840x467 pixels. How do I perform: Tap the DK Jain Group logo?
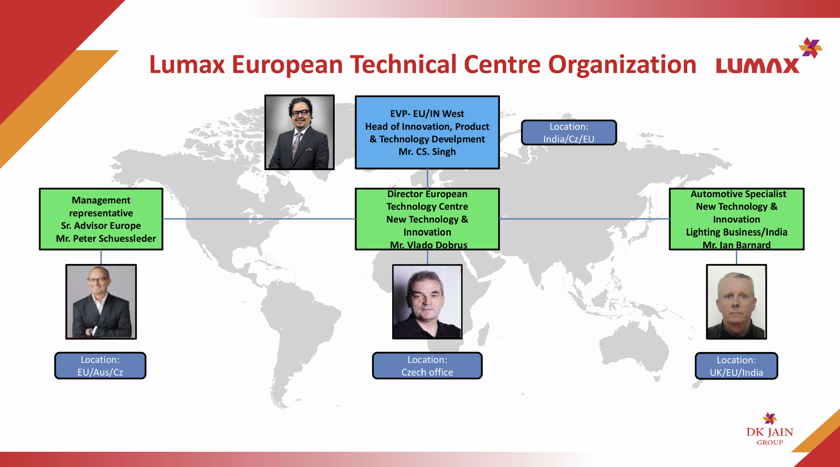pyautogui.click(x=770, y=429)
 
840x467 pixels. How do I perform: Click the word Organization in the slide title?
pyautogui.click(x=622, y=65)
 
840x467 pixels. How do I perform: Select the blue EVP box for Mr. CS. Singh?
pyautogui.click(x=427, y=132)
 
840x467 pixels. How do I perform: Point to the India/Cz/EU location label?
pyautogui.click(x=569, y=132)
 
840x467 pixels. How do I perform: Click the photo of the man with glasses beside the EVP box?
pyautogui.click(x=300, y=132)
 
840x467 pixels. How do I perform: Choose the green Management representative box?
pyautogui.click(x=101, y=219)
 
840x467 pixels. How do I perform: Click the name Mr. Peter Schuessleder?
pyautogui.click(x=106, y=239)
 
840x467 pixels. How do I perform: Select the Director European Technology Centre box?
pyautogui.click(x=427, y=219)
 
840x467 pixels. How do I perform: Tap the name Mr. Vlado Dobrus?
pyautogui.click(x=429, y=245)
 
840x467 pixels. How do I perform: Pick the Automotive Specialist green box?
pyautogui.click(x=737, y=219)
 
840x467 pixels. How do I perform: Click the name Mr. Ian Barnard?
pyautogui.click(x=737, y=245)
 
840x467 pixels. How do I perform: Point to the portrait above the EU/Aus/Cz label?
pyautogui.click(x=101, y=302)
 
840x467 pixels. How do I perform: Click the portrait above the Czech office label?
pyautogui.click(x=427, y=302)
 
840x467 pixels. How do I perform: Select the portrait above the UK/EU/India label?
pyautogui.click(x=736, y=302)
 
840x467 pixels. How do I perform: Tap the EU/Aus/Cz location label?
pyautogui.click(x=100, y=365)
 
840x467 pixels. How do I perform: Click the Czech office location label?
pyautogui.click(x=427, y=365)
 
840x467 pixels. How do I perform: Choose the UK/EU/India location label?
pyautogui.click(x=736, y=366)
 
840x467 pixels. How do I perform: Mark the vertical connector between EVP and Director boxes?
pyautogui.click(x=427, y=179)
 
